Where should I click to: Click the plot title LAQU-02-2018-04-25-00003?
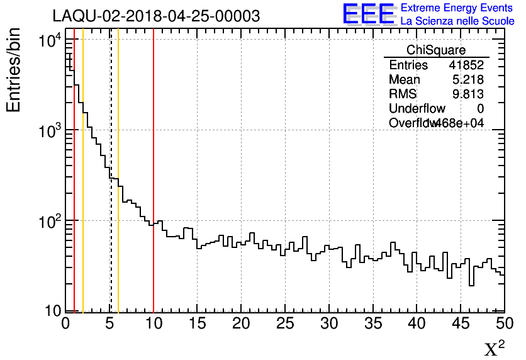(156, 16)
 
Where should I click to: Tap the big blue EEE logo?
(369, 14)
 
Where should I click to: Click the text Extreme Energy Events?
(457, 8)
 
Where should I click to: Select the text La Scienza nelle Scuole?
(457, 21)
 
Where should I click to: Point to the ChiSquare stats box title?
(436, 50)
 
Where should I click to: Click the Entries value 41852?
(466, 65)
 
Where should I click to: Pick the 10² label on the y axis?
(49, 222)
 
